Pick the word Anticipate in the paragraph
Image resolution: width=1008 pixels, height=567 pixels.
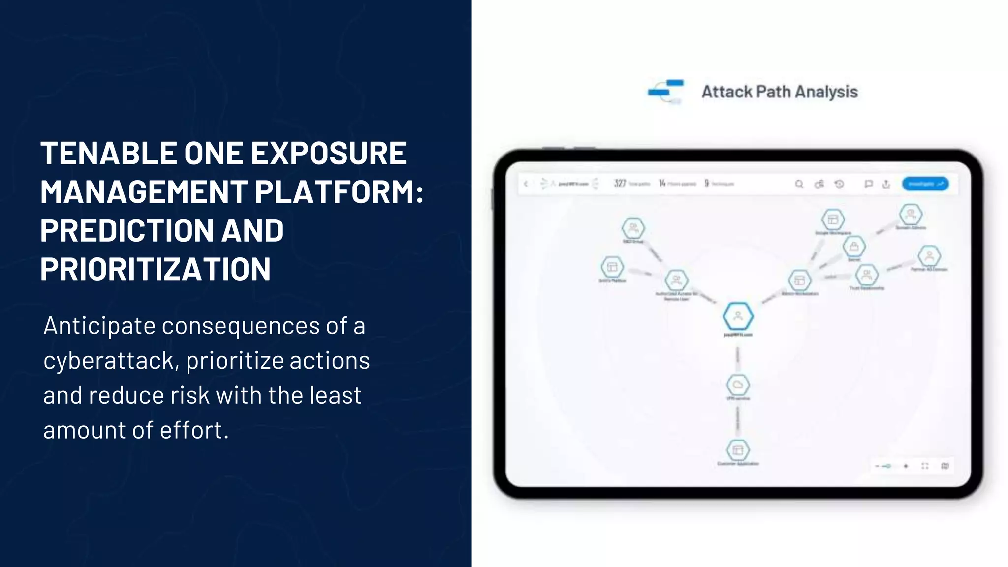point(99,326)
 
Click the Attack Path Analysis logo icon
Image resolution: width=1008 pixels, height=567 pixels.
point(665,92)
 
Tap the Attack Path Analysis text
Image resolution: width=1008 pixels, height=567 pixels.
point(779,92)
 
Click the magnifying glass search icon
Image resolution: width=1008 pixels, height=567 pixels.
point(799,184)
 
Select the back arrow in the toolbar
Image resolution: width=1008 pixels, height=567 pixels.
point(526,184)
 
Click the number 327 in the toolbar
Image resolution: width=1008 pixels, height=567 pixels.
point(620,184)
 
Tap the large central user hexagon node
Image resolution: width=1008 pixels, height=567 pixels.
point(738,316)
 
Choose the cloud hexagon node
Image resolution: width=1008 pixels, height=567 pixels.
point(738,384)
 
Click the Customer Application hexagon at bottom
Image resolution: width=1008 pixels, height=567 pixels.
point(738,450)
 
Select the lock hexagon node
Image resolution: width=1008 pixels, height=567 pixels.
point(854,246)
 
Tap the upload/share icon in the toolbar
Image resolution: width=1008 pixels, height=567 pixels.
point(886,184)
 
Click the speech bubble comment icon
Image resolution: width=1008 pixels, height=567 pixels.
point(869,184)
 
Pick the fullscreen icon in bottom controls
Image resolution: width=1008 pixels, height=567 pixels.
point(925,466)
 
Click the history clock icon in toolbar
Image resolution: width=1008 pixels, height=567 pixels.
point(839,184)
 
